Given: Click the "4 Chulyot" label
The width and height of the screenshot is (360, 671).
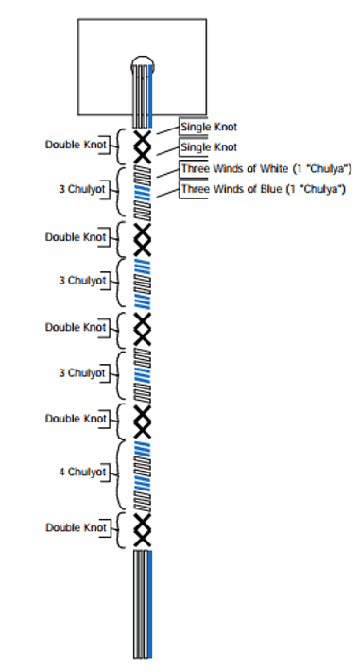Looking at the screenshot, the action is [x=82, y=472].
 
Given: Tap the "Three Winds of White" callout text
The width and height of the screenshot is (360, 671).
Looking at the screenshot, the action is [x=234, y=168].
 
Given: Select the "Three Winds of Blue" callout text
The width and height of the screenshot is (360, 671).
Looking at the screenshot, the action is [x=231, y=189].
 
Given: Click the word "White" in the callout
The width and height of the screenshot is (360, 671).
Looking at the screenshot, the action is [x=275, y=168].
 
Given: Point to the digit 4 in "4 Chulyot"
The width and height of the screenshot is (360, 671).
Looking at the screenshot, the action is [x=61, y=472].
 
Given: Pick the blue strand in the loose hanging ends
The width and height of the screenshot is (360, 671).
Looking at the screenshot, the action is [x=150, y=604].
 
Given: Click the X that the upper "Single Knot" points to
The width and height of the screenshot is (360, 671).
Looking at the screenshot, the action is [x=143, y=138].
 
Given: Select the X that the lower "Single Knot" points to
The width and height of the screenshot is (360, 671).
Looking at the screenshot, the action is [x=143, y=155].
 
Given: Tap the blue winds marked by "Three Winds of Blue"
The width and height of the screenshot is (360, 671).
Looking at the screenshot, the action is [x=143, y=193].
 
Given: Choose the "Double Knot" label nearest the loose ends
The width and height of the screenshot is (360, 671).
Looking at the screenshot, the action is [x=76, y=527].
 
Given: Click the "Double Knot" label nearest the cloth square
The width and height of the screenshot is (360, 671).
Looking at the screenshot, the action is [x=76, y=145].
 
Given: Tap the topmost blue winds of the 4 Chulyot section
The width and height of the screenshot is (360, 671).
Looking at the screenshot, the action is [x=143, y=449].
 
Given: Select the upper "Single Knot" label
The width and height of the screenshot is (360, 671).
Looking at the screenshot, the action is [x=209, y=127].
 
